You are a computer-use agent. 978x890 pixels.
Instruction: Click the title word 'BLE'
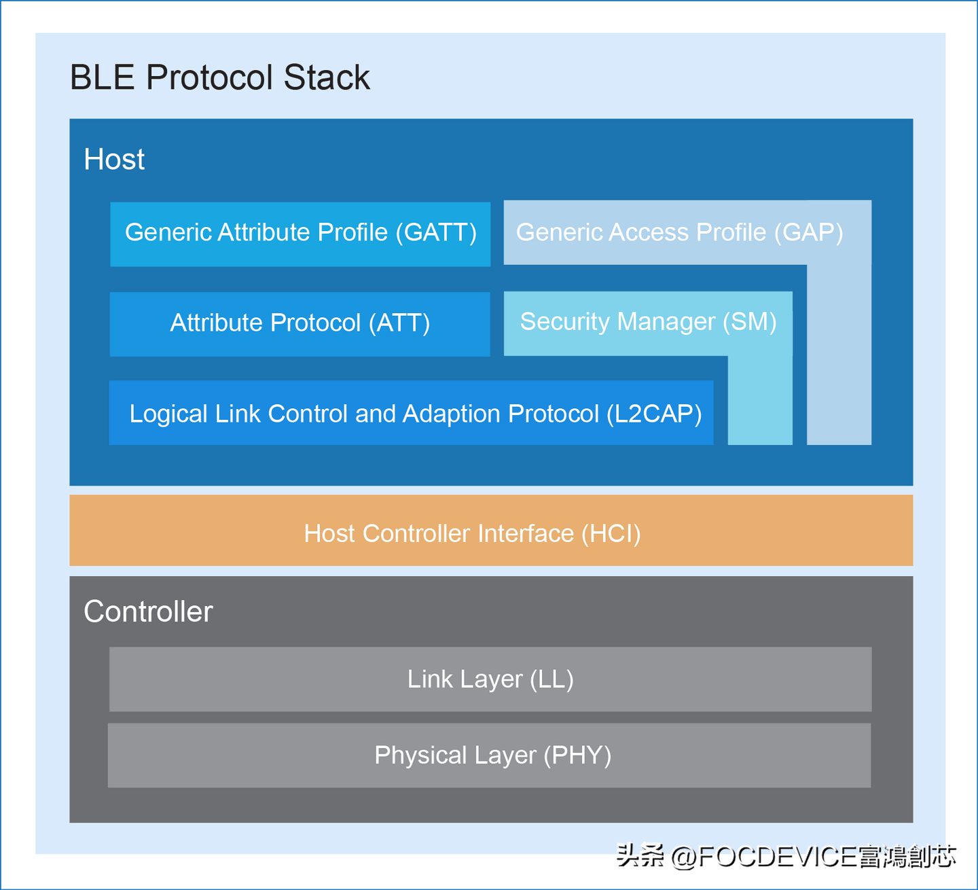[103, 77]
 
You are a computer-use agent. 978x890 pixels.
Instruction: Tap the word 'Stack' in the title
[327, 77]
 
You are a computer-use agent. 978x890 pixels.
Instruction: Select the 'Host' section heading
[114, 159]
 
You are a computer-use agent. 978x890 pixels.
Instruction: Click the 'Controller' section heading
[148, 611]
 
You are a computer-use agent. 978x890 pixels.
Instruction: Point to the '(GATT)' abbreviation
[436, 232]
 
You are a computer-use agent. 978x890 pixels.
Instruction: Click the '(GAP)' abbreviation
[809, 232]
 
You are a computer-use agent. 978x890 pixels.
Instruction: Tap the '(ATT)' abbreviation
[399, 323]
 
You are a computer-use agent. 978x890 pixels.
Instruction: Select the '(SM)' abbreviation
[750, 322]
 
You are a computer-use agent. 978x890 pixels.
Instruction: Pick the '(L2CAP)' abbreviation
[654, 414]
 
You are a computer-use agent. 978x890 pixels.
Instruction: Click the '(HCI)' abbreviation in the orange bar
[611, 533]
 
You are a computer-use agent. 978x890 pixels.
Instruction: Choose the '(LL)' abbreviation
[552, 679]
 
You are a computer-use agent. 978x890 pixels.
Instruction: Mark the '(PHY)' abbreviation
[578, 755]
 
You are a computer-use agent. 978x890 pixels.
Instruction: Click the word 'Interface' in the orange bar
[526, 533]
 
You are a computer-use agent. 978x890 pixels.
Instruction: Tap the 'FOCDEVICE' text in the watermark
[778, 856]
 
